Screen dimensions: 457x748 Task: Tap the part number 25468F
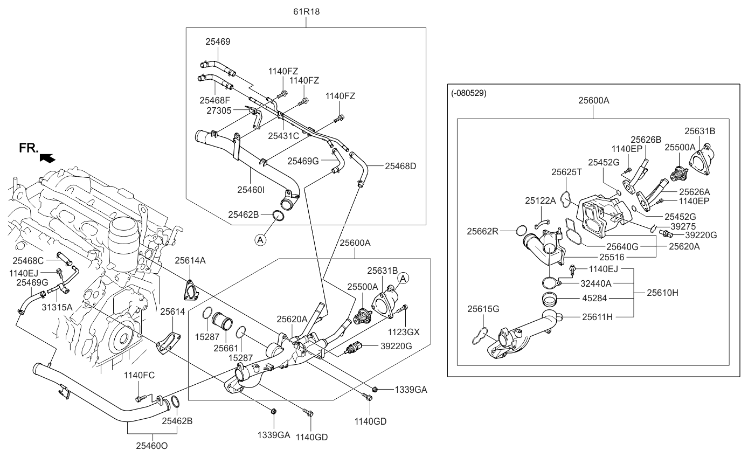[214, 100]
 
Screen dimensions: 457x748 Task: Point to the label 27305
[219, 110]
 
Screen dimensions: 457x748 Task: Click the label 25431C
[283, 136]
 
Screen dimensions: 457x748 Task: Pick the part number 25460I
[251, 190]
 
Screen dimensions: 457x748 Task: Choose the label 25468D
[400, 167]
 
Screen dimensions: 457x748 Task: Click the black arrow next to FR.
[47, 157]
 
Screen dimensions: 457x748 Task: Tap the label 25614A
[190, 260]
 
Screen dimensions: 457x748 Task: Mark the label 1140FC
[139, 375]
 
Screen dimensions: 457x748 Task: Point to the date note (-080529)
[469, 93]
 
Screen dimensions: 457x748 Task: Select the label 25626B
[646, 140]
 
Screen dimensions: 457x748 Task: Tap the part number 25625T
[566, 172]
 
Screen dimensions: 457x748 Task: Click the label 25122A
[540, 200]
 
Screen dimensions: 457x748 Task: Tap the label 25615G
[483, 309]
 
